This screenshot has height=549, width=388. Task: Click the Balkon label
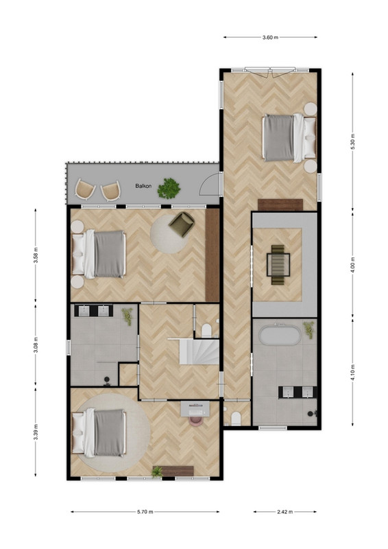point(143,186)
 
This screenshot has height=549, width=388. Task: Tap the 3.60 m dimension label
point(270,38)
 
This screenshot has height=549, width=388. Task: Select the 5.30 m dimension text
point(352,142)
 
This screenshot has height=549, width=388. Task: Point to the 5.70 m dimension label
point(145,512)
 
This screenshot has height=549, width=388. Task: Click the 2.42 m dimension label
point(284,512)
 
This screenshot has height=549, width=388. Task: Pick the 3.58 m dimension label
point(36,255)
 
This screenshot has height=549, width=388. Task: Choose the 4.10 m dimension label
point(352,373)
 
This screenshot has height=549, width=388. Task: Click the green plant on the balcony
point(169,188)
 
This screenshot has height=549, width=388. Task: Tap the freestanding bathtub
point(280,335)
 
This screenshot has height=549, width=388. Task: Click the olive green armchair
point(181,224)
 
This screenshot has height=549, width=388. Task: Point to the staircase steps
point(199,351)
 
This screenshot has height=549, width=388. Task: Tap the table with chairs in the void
point(278,265)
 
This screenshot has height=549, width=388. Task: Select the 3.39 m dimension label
point(36,432)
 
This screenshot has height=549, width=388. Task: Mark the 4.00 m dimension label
point(352,265)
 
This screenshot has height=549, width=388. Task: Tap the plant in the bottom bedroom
point(157,471)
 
